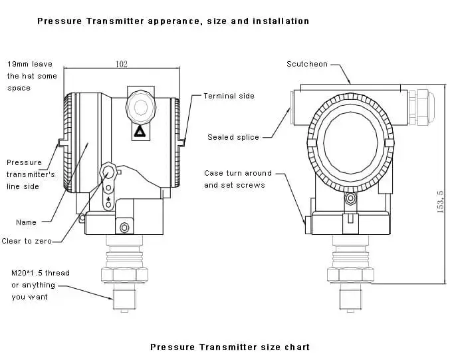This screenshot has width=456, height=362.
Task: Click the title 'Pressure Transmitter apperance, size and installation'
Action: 173,21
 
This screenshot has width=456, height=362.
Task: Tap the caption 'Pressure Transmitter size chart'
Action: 229,347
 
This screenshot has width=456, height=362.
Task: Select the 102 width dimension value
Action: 122,64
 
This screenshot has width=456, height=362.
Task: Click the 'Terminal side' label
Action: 229,96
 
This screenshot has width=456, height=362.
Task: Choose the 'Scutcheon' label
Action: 307,64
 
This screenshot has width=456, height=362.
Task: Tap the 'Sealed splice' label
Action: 233,137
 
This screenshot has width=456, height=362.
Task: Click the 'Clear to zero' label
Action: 27,241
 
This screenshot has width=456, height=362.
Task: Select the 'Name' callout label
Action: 26,222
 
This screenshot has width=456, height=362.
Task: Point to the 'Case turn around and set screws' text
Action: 237,179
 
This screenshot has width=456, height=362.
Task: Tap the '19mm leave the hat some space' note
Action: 32,76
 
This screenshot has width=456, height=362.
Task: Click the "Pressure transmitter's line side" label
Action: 31,174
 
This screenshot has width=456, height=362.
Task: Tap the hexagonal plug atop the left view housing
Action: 140,106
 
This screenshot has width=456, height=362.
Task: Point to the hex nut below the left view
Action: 124,274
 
